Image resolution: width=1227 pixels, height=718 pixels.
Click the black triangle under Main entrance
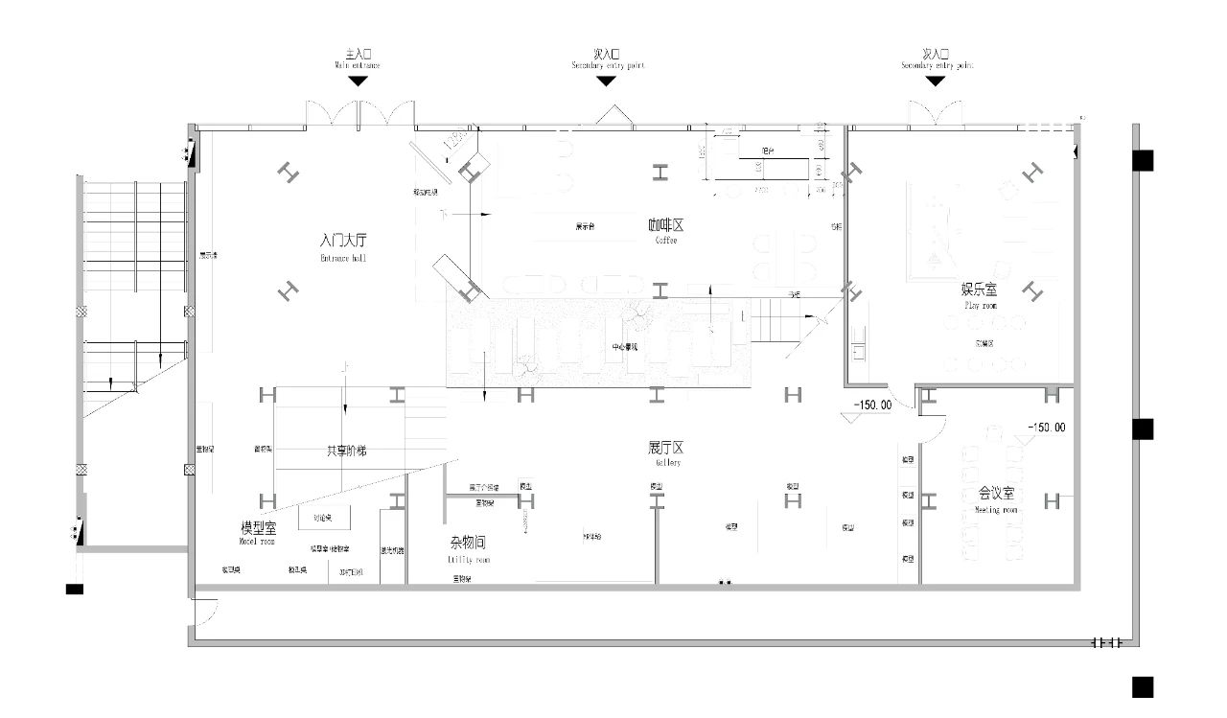(358, 81)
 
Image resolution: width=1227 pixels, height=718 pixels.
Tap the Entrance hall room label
(343, 245)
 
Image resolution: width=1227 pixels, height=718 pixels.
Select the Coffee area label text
(665, 230)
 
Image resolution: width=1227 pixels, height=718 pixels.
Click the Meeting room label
(996, 499)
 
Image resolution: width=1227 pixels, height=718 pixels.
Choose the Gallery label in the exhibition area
(665, 452)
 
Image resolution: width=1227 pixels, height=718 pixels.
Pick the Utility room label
(468, 548)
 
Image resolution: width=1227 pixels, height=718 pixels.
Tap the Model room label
(257, 532)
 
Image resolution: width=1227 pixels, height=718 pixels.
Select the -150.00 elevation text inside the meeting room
(1045, 428)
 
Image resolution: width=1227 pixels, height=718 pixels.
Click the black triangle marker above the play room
(935, 81)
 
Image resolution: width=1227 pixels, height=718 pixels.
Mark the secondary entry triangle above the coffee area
(606, 81)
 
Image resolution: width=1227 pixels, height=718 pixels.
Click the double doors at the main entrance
(359, 113)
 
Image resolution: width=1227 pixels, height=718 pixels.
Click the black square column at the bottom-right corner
(1142, 686)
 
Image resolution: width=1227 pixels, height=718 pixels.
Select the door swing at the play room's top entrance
(935, 113)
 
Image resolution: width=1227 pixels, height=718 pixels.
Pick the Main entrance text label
(358, 59)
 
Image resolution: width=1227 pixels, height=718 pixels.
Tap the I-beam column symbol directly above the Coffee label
(660, 173)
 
